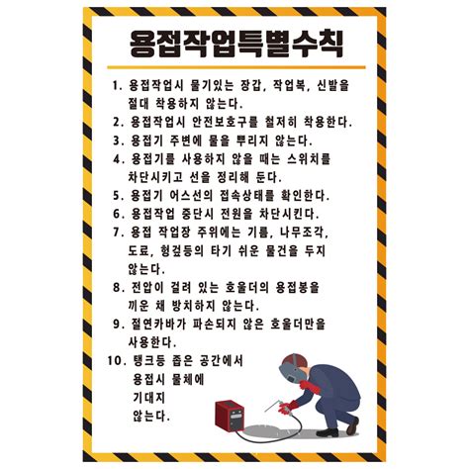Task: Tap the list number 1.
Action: coord(118,86)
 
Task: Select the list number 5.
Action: coord(118,195)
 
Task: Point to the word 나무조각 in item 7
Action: coord(312,232)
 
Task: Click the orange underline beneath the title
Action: coord(234,68)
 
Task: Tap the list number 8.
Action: coord(118,286)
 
